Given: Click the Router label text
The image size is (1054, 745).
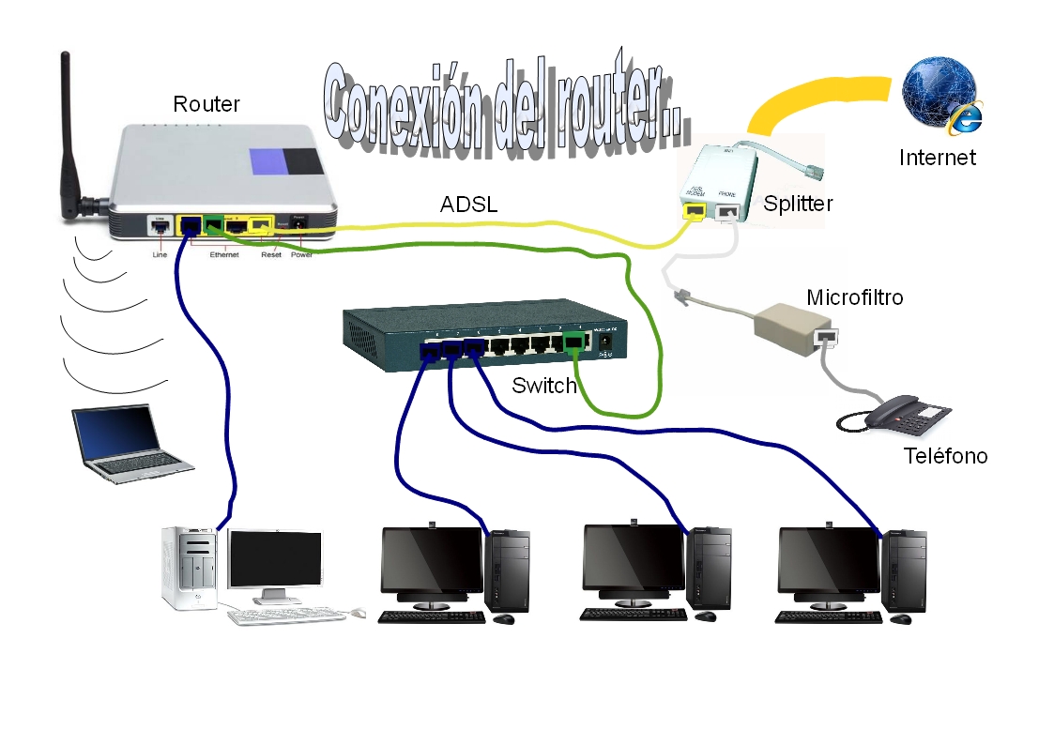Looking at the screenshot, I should (x=206, y=104).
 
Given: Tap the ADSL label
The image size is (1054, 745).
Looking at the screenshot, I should (x=469, y=205).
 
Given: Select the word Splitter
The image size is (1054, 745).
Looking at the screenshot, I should (x=798, y=204).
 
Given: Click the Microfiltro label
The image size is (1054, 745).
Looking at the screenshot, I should (x=854, y=297).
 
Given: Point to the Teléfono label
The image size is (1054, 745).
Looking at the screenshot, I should (x=945, y=456).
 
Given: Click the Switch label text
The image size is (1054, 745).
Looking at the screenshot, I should (x=543, y=386).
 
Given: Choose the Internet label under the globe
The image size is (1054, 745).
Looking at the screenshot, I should (x=937, y=158).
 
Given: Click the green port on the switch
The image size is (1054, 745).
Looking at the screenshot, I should (x=572, y=345).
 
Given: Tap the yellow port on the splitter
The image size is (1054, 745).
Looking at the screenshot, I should (x=695, y=213).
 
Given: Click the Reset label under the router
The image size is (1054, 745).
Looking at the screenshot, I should (x=270, y=254).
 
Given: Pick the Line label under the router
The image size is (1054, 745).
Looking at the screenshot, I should (x=160, y=254).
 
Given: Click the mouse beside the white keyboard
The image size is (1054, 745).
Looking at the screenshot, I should (x=357, y=613).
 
